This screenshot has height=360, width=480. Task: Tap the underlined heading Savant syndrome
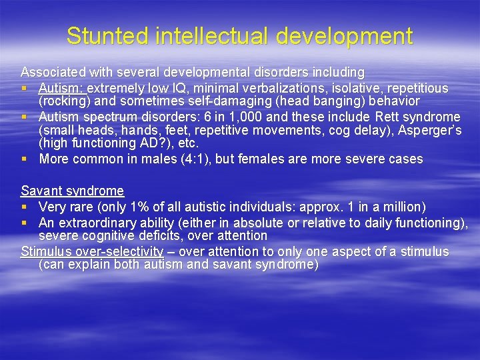point(72,191)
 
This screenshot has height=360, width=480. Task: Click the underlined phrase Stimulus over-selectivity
point(92,251)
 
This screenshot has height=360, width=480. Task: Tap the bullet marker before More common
point(24,159)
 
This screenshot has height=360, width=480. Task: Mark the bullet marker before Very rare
point(24,207)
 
